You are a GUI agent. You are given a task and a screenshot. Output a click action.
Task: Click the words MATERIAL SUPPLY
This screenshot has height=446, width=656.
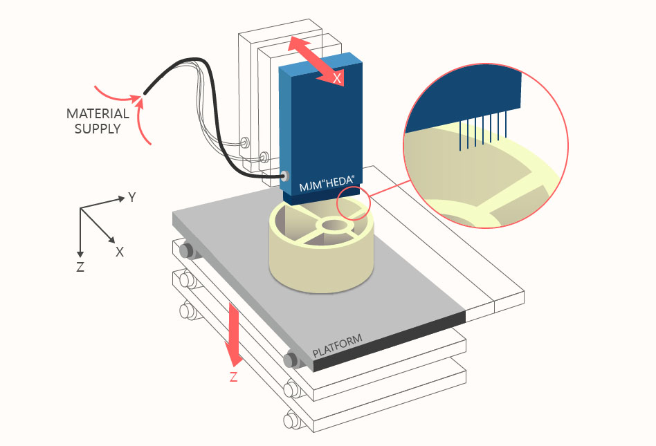pos(98,121)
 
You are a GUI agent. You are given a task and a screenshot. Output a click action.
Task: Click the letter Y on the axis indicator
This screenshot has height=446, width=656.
pos(131,197)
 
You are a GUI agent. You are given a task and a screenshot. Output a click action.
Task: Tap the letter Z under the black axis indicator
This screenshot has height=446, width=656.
pos(81,267)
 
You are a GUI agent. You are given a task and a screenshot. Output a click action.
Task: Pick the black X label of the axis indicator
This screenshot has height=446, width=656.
pos(120,252)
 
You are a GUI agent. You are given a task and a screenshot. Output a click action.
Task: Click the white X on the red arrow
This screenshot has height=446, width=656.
pos(337,78)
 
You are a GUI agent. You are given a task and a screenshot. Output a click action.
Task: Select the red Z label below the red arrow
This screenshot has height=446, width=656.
pos(234,377)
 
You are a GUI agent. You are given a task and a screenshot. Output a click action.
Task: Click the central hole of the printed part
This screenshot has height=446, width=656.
pos(334,225)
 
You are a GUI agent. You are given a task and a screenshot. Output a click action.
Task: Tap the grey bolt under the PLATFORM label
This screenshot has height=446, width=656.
pos(291,360)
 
